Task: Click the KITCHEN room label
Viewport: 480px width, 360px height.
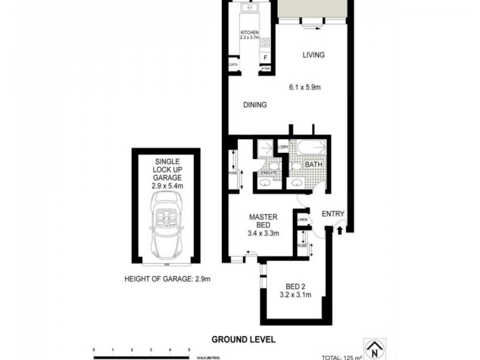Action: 249,32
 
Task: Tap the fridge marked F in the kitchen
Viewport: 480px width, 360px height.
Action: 265,58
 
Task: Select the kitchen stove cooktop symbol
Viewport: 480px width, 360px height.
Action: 266,43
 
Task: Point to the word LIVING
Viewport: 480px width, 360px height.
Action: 313,55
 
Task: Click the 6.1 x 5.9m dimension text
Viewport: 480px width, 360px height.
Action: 305,87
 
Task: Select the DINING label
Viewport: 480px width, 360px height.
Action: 254,105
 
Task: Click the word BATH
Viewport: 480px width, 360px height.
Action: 314,164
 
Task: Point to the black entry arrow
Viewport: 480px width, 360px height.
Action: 341,229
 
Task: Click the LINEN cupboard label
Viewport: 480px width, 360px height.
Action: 302,220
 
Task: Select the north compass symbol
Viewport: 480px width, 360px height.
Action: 376,347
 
